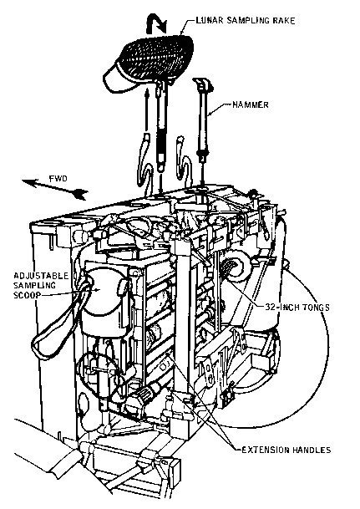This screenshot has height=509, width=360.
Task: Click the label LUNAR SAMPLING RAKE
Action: coord(246,20)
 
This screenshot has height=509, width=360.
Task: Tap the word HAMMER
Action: coord(251,104)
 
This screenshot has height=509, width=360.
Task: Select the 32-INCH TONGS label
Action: coord(297,307)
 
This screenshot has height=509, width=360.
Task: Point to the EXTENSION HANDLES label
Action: coord(286,450)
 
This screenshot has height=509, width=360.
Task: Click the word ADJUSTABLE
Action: coord(41,276)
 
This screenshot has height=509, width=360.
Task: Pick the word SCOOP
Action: coord(28,295)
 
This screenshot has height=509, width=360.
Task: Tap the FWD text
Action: coord(58,179)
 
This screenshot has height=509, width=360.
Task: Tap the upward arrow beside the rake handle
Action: coord(147,110)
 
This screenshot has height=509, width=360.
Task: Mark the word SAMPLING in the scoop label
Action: coord(34,286)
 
